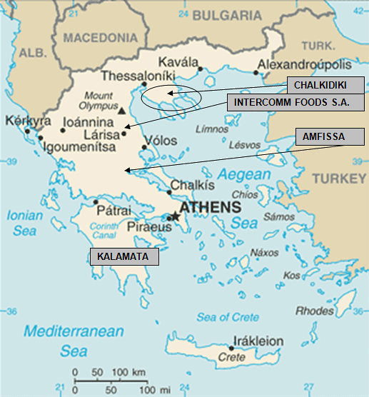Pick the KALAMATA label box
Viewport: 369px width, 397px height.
click(123, 256)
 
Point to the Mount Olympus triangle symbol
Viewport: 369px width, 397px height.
click(123, 111)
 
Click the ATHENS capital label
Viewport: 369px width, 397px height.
click(209, 207)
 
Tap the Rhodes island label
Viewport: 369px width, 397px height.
click(315, 311)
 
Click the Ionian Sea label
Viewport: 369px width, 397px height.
click(25, 221)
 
